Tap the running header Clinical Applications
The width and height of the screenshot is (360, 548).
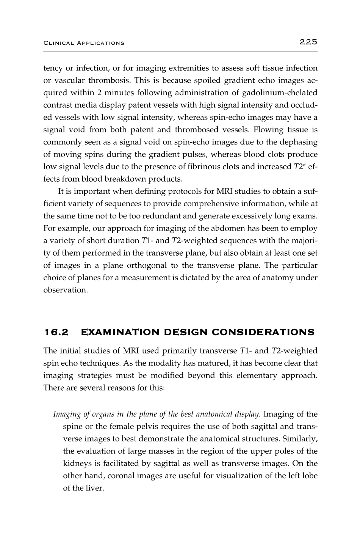84,43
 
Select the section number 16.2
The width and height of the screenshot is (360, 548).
56,333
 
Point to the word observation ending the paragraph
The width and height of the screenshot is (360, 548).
65,290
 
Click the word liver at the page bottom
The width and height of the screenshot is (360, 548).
95,488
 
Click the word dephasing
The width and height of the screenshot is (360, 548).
299,142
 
